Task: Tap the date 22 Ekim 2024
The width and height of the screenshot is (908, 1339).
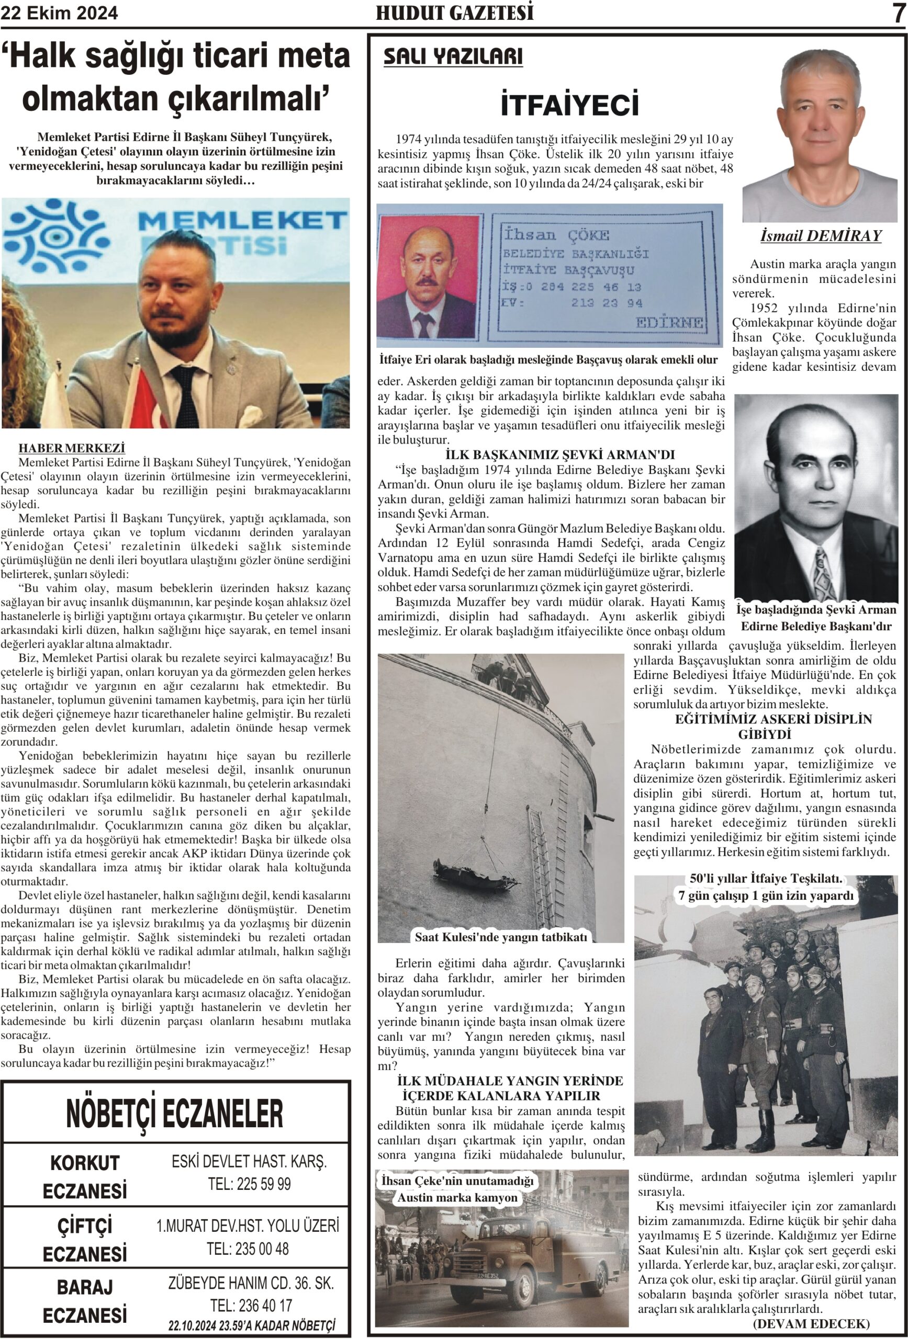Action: coord(59,13)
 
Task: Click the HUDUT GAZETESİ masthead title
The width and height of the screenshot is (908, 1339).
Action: coord(454,13)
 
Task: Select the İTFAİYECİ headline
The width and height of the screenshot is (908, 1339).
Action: coord(569,104)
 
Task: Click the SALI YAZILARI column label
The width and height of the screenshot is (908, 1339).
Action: coord(453,56)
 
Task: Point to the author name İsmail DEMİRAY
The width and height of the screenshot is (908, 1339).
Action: coord(821,236)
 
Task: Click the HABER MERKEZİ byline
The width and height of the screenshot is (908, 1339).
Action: coord(72,448)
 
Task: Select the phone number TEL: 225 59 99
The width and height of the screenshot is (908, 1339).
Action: coord(249,1185)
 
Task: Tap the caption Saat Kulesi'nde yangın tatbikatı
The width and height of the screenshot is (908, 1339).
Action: coord(500,937)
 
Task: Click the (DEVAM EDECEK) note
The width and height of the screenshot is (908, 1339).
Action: coord(811,1324)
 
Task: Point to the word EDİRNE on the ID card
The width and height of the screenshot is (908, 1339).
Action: coord(669,323)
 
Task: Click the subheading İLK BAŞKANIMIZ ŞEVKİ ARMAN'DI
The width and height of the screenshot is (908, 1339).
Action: coord(560,455)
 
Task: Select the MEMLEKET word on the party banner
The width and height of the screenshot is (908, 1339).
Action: coord(242,220)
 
